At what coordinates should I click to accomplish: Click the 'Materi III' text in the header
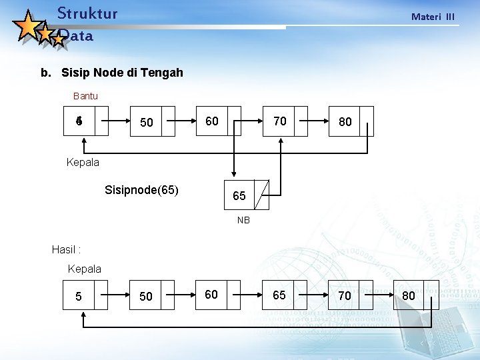click(433, 17)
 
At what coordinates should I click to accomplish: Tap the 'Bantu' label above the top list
click(85, 96)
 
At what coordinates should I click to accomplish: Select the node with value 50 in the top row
click(153, 122)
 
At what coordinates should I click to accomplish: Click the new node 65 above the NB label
click(239, 195)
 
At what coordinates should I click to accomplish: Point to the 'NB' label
click(243, 220)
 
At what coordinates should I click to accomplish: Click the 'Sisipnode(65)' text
click(141, 190)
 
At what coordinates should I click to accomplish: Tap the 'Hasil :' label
click(66, 249)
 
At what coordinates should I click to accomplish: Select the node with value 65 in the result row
click(286, 295)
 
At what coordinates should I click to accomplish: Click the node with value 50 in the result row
click(153, 295)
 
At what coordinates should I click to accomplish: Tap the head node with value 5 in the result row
click(85, 295)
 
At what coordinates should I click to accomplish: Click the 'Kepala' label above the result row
click(85, 269)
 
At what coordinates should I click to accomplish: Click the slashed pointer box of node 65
click(262, 195)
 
